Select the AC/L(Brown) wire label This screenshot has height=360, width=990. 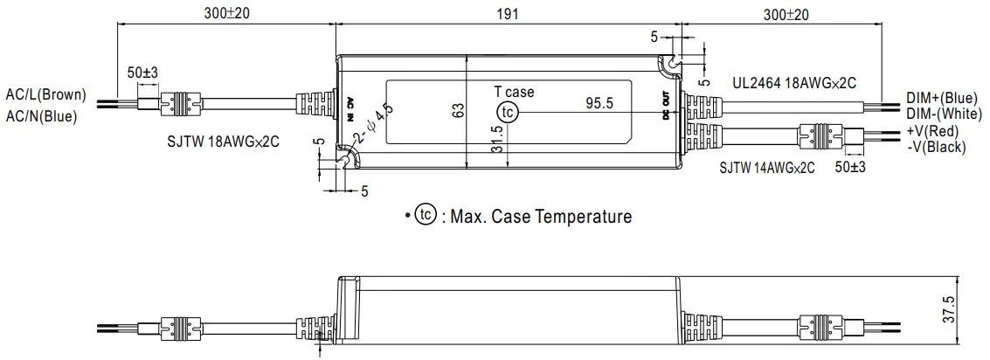pos(45,94)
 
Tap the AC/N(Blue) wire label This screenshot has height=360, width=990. pos(41,115)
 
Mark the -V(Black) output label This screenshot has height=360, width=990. pos(936,147)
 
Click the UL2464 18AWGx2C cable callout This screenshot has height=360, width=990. pos(793,82)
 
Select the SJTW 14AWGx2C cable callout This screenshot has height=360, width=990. pos(766,167)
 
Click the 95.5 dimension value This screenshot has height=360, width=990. pos(599,103)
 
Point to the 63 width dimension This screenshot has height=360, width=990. pos(457,111)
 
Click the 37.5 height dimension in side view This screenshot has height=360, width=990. pos(973,309)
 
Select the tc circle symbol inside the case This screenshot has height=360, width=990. pos(507,112)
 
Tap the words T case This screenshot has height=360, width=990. pos(514,92)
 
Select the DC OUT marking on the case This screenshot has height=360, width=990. pos(666,107)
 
